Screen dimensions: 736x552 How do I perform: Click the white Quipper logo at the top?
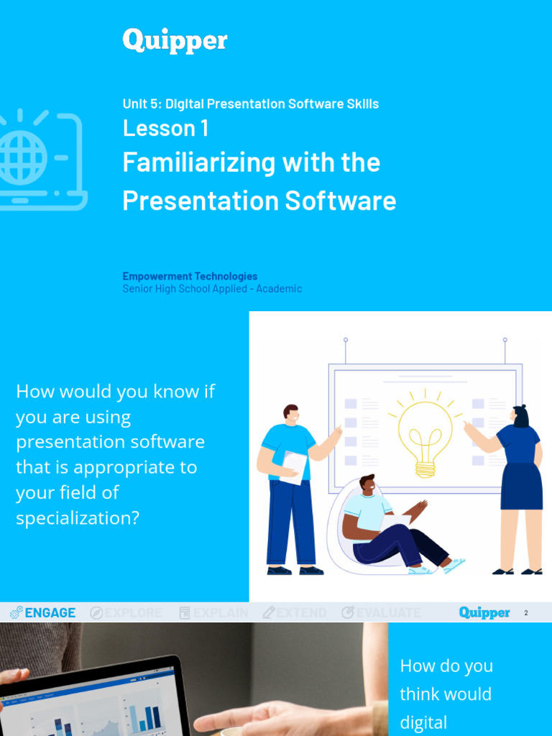point(175,41)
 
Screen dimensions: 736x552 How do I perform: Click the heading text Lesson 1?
point(165,128)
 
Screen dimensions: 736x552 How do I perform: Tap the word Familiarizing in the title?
point(198,162)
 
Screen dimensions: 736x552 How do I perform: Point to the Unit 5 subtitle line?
point(250,103)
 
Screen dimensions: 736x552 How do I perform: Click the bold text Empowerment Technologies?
point(190,276)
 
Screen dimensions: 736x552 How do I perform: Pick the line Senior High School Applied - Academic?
point(212,289)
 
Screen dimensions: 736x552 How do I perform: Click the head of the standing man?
point(290,415)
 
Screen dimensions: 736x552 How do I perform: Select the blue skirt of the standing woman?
point(521,486)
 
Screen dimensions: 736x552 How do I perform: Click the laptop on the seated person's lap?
point(395,523)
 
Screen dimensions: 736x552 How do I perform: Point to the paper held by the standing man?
point(294,466)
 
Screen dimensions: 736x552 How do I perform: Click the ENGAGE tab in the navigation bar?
point(42,612)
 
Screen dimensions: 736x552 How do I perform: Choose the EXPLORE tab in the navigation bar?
point(126,612)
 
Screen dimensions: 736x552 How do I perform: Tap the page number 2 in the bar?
point(526,613)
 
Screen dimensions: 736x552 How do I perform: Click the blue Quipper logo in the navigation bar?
point(484,612)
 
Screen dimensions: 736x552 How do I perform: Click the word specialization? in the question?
point(78,517)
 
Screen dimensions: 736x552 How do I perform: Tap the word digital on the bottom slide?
point(423,722)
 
